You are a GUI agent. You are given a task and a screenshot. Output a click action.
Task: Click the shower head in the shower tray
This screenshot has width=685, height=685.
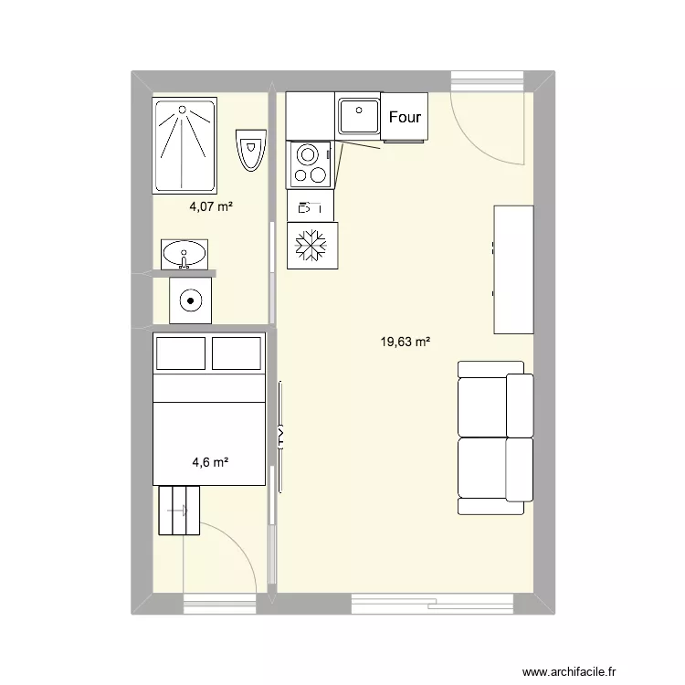[x=182, y=110]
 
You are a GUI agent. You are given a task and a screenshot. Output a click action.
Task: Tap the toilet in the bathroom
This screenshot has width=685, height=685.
[x=251, y=150]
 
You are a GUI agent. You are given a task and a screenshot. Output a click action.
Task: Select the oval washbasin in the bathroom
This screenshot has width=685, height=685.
[x=184, y=254]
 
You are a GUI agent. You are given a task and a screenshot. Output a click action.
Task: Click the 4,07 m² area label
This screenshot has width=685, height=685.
[x=211, y=206]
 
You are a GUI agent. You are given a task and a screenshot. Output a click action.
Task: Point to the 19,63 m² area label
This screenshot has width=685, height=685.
[x=405, y=342]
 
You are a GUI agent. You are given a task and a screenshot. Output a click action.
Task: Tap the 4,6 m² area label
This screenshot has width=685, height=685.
[x=211, y=462]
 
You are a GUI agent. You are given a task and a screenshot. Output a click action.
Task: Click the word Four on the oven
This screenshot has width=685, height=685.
[x=405, y=117]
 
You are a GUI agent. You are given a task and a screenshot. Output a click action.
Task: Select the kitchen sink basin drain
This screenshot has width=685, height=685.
[x=359, y=111]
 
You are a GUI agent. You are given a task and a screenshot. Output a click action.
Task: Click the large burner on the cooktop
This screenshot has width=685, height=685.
[x=308, y=155]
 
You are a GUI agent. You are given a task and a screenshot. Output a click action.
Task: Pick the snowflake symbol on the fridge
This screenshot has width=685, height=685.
[x=311, y=245]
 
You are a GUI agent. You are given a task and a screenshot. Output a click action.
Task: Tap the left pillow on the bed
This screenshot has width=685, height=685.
[x=181, y=353]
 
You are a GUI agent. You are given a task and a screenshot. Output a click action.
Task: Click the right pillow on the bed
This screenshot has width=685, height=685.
[x=237, y=353]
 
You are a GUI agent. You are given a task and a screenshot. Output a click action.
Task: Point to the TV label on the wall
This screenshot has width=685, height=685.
[x=280, y=436]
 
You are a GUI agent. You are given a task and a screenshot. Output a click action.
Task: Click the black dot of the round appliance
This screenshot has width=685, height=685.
[x=191, y=300]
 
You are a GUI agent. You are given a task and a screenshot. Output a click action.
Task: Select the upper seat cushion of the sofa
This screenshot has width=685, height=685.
[x=482, y=407]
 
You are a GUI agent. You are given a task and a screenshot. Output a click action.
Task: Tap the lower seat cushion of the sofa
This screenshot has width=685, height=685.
[x=482, y=469]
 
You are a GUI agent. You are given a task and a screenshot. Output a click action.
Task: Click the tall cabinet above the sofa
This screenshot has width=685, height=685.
[x=513, y=269]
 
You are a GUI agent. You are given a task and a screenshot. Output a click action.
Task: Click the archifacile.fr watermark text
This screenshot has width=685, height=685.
[x=569, y=671]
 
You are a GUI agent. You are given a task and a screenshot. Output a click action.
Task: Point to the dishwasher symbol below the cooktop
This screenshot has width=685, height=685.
[x=310, y=207]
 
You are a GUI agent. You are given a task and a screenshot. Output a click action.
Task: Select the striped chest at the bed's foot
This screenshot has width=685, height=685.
[x=179, y=511]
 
